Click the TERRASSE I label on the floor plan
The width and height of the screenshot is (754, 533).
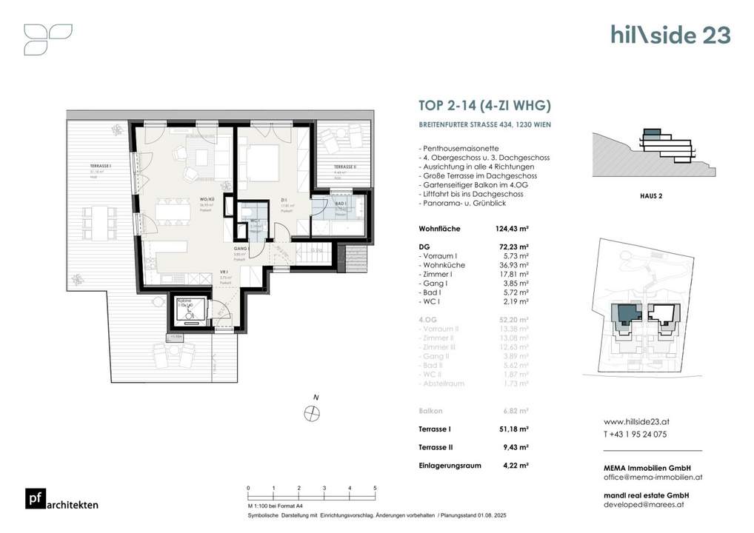pyautogui.click(x=101, y=167)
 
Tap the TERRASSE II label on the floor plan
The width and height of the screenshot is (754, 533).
pyautogui.click(x=344, y=167)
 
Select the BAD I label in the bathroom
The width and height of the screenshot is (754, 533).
pyautogui.click(x=341, y=204)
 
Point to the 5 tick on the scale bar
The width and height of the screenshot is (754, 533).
pyautogui.click(x=376, y=489)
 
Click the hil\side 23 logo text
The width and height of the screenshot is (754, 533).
pyautogui.click(x=670, y=35)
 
